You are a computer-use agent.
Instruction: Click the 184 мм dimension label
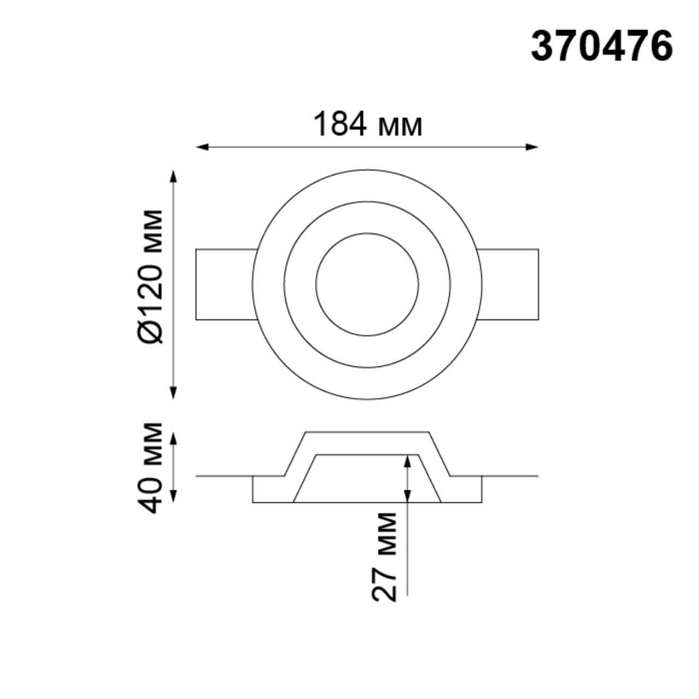point(367,125)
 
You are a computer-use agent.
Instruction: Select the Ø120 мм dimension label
point(151,276)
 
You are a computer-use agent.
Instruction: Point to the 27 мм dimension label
point(384,556)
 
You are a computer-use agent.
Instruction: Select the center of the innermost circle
point(367,284)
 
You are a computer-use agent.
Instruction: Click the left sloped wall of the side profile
point(294,454)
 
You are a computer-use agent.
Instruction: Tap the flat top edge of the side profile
point(367,433)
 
